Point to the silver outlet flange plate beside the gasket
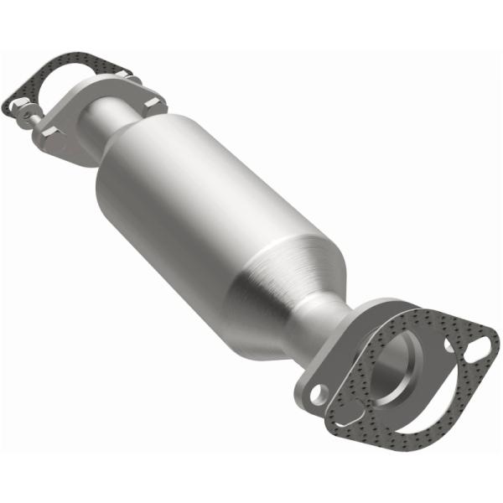coord(335,369)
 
